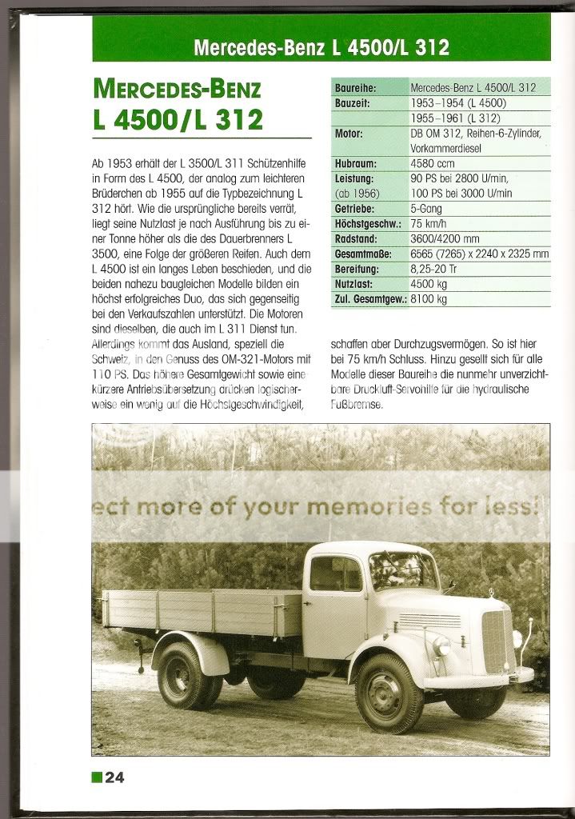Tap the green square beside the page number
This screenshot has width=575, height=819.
97,776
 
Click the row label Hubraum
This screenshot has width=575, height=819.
356,164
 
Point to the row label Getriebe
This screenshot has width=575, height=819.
354,209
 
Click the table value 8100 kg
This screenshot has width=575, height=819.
428,299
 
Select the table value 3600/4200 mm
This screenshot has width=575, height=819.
445,238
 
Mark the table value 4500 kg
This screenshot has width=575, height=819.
428,284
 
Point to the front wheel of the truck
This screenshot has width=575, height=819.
389,693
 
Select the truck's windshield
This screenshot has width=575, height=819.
404,571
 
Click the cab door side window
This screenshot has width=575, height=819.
337,574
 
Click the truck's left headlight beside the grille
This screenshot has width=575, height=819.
441,645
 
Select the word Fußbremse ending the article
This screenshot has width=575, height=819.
357,405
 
